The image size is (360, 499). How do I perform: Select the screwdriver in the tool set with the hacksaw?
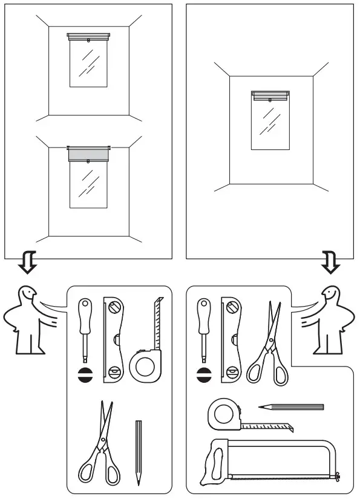pos(204,327)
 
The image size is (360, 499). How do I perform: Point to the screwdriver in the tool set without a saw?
pos(86,327)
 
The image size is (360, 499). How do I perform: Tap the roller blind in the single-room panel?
pos(270,95)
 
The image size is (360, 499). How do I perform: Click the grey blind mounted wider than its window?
pos(88,154)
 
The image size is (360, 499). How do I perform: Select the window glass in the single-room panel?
pos(270,124)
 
